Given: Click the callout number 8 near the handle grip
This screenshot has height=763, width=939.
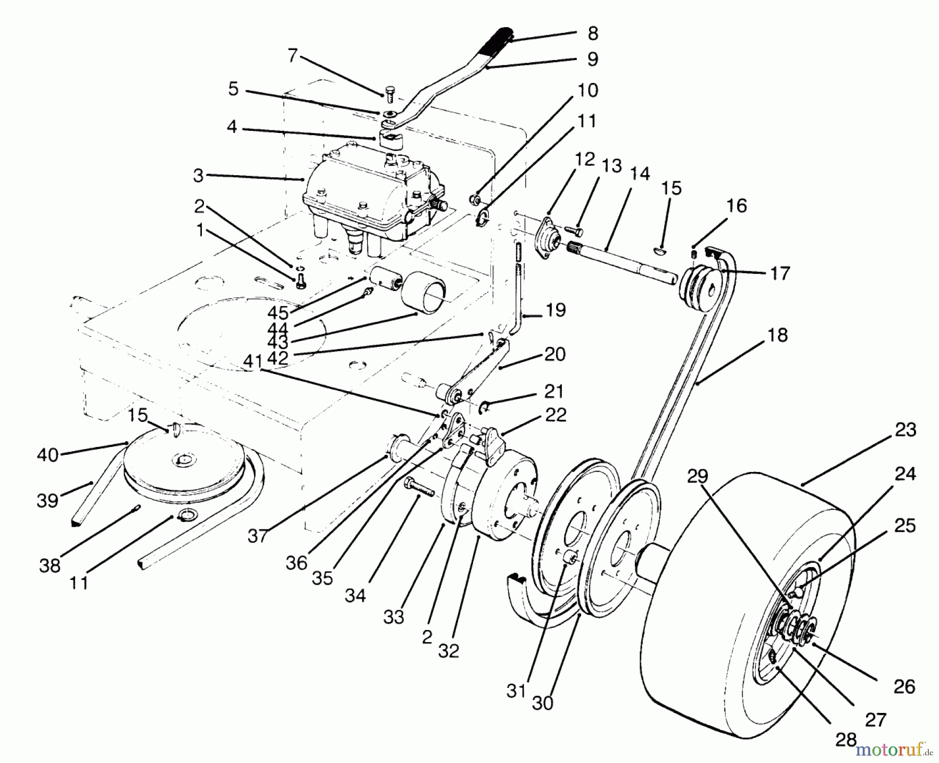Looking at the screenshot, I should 592,33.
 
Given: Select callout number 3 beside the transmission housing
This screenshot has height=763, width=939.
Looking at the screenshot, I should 198,175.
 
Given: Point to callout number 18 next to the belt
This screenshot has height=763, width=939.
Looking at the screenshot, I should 777,335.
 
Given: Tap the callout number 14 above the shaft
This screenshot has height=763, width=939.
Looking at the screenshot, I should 640,173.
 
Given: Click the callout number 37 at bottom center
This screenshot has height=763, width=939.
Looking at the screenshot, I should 258,536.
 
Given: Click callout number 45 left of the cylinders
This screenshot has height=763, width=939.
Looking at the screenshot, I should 278,312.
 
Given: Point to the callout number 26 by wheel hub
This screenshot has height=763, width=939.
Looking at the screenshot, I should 904,686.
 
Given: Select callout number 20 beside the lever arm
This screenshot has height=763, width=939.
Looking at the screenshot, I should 555,354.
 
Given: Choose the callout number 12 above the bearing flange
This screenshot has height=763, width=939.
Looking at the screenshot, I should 585,159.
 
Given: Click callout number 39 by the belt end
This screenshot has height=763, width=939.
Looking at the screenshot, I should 47,500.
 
